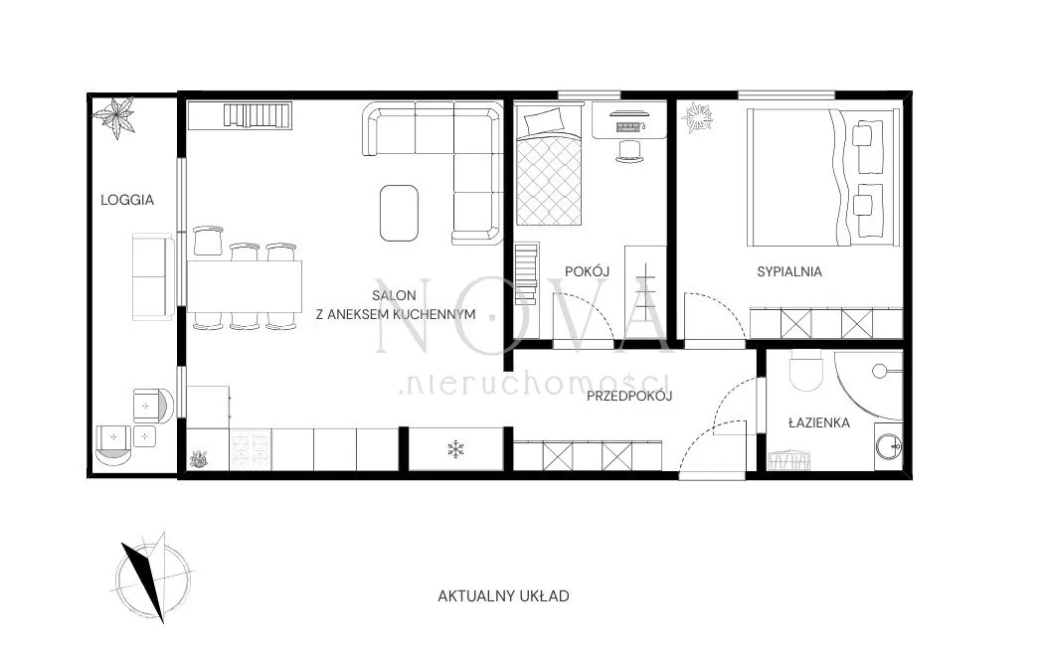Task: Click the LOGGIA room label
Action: (126, 200)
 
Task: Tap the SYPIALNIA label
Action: (789, 271)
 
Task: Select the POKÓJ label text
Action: (587, 270)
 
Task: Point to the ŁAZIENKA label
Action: (818, 422)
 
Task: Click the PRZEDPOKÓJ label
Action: (629, 396)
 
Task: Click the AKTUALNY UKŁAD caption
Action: (503, 595)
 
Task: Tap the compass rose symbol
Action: (152, 578)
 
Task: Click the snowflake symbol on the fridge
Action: (455, 449)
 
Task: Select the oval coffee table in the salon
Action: (399, 213)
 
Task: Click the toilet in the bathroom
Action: (806, 371)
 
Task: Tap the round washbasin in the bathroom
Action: (889, 446)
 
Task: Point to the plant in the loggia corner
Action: (115, 117)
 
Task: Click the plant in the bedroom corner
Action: (697, 118)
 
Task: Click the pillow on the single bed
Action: (544, 120)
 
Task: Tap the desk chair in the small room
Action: (629, 151)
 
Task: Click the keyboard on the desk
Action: (629, 125)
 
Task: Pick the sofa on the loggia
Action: (154, 276)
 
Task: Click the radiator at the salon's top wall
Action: (258, 114)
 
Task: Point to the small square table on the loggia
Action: (145, 437)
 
